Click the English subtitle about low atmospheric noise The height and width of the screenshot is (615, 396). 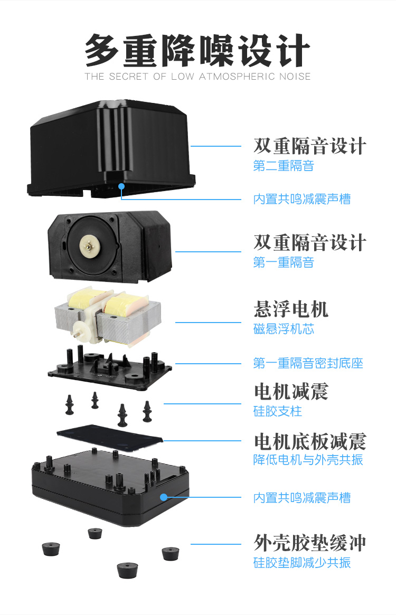pos(197,77)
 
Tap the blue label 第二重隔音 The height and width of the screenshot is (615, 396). pos(284,166)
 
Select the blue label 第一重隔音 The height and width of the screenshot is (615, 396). pos(284,262)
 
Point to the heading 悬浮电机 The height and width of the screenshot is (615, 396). pos(291,309)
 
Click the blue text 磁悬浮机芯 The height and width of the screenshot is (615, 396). pos(284,329)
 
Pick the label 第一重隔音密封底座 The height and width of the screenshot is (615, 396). pos(308,363)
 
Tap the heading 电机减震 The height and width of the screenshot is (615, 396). pos(291,392)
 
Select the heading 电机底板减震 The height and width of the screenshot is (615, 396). pos(310,441)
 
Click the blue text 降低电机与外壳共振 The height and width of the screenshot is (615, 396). pos(308,460)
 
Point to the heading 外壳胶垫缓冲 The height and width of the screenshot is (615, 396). pos(310,543)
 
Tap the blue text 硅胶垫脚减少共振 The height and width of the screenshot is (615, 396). pos(302,563)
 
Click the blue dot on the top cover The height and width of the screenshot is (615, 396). pos(121,185)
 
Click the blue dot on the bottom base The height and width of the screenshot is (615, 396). pos(163,497)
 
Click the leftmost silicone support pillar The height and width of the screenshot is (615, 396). pos(70,405)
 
